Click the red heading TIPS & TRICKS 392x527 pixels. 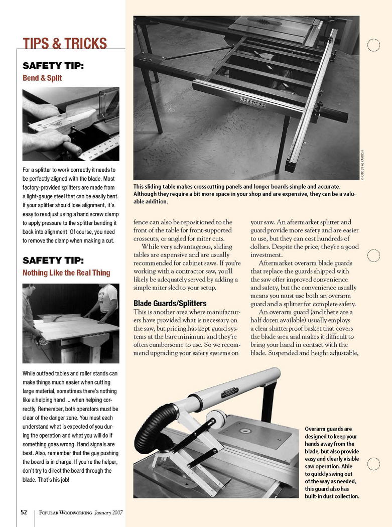pos(65,44)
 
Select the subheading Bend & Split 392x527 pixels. pos(42,78)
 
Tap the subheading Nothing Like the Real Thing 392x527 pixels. pos(66,273)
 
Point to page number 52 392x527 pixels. pos(24,512)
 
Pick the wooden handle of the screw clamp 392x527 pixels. pos(71,148)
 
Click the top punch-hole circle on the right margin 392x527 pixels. pos(373,46)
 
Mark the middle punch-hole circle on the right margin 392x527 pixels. pos(373,255)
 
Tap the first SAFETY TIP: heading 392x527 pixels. pos(53,66)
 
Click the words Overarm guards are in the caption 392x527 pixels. pos(328,429)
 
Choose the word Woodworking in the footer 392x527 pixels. pos(75,512)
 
